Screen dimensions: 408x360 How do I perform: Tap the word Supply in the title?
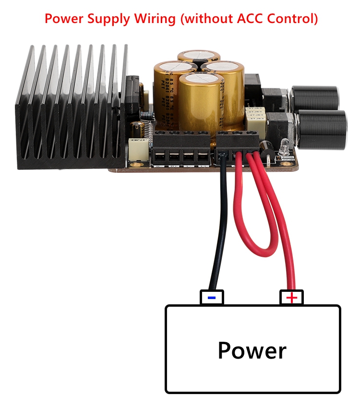108,19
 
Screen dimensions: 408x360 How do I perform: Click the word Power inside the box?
252,350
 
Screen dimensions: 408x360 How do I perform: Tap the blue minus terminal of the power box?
212,298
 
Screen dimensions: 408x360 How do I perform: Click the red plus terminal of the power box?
291,298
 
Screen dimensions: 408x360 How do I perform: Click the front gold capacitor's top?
202,80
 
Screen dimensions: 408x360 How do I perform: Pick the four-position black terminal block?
181,149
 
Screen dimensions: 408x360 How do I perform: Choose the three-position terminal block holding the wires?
238,144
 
